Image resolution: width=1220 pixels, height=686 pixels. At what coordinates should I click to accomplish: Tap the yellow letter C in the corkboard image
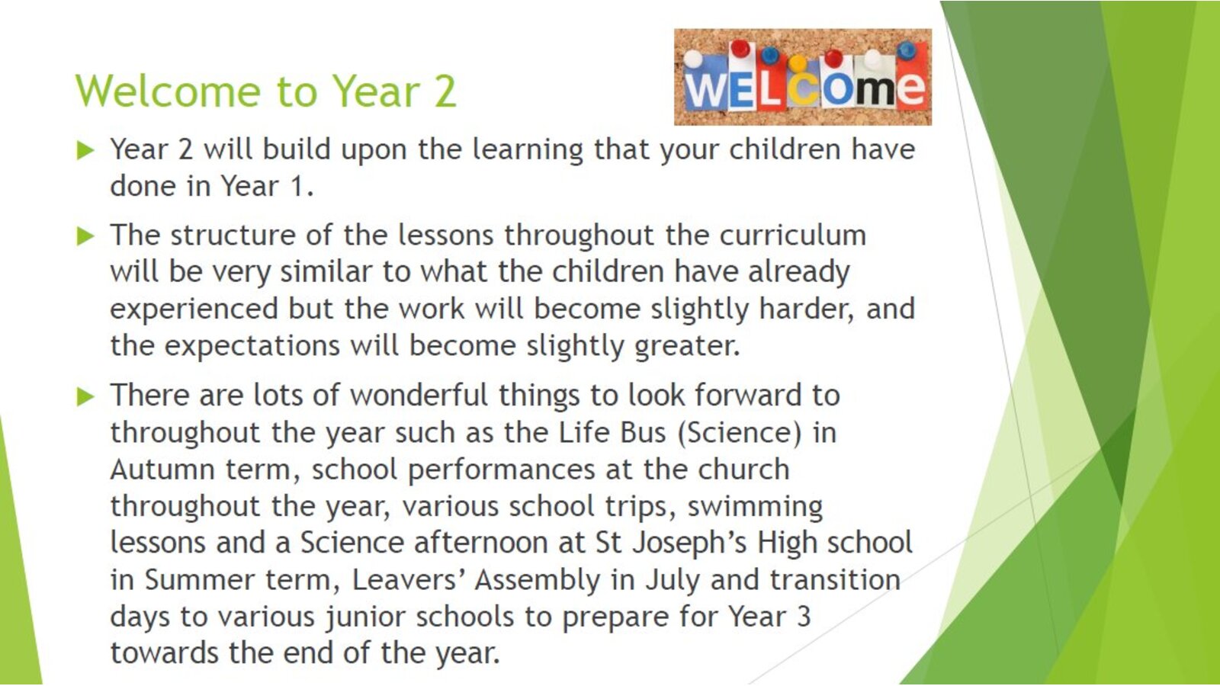click(x=802, y=88)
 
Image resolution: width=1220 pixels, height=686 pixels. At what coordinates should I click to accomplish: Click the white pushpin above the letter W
click(x=693, y=59)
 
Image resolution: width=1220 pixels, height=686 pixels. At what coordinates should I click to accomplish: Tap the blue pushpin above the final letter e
click(x=907, y=50)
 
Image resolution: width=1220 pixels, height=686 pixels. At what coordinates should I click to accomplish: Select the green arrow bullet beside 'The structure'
click(x=85, y=236)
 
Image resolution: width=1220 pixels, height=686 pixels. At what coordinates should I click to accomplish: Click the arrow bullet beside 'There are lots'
click(x=85, y=396)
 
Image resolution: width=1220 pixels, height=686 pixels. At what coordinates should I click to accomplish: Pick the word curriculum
click(x=792, y=236)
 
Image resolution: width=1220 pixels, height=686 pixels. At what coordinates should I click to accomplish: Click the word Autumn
click(x=162, y=470)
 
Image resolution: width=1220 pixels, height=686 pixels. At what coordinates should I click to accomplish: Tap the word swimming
click(x=755, y=508)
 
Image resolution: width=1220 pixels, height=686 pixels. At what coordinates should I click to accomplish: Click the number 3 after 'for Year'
click(x=804, y=617)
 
